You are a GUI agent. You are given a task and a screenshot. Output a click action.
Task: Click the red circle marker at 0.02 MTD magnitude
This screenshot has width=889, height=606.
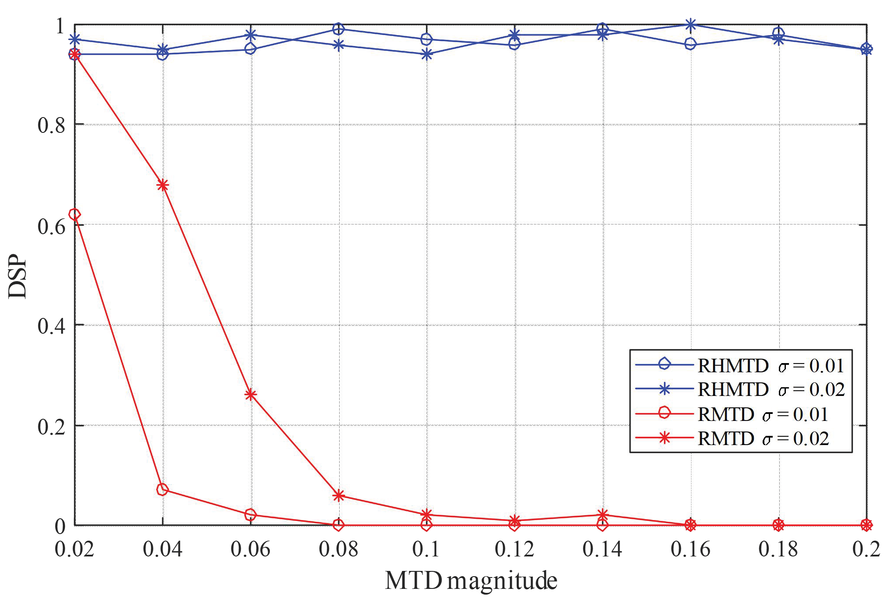coord(75,214)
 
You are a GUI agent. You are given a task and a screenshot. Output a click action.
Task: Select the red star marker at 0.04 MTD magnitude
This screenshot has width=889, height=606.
coord(163,185)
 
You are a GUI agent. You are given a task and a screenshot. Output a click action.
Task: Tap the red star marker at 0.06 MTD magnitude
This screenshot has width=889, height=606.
coord(251,395)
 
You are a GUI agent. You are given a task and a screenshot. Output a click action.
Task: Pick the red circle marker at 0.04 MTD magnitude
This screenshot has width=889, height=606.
coord(162,489)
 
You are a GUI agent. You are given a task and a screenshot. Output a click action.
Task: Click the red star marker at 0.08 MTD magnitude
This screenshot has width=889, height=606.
coord(338,495)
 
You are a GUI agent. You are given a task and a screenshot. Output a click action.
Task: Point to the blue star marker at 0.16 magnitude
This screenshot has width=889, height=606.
coord(691,25)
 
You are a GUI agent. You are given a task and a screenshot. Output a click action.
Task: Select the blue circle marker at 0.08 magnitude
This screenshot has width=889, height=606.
coord(338,29)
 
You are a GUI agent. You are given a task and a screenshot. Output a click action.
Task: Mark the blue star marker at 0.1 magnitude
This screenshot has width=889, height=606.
coord(427,54)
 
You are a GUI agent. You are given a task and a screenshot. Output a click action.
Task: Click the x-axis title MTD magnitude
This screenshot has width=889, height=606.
coord(471,581)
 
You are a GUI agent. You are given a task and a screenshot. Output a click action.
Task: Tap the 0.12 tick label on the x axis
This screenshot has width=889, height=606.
coord(514,549)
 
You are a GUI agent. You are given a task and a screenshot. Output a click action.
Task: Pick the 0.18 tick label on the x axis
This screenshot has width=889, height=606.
coord(778,549)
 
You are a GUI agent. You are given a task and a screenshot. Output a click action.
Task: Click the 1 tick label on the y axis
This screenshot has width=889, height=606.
coord(60,26)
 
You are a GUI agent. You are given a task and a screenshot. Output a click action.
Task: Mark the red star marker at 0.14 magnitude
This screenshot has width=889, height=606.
coord(603,515)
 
